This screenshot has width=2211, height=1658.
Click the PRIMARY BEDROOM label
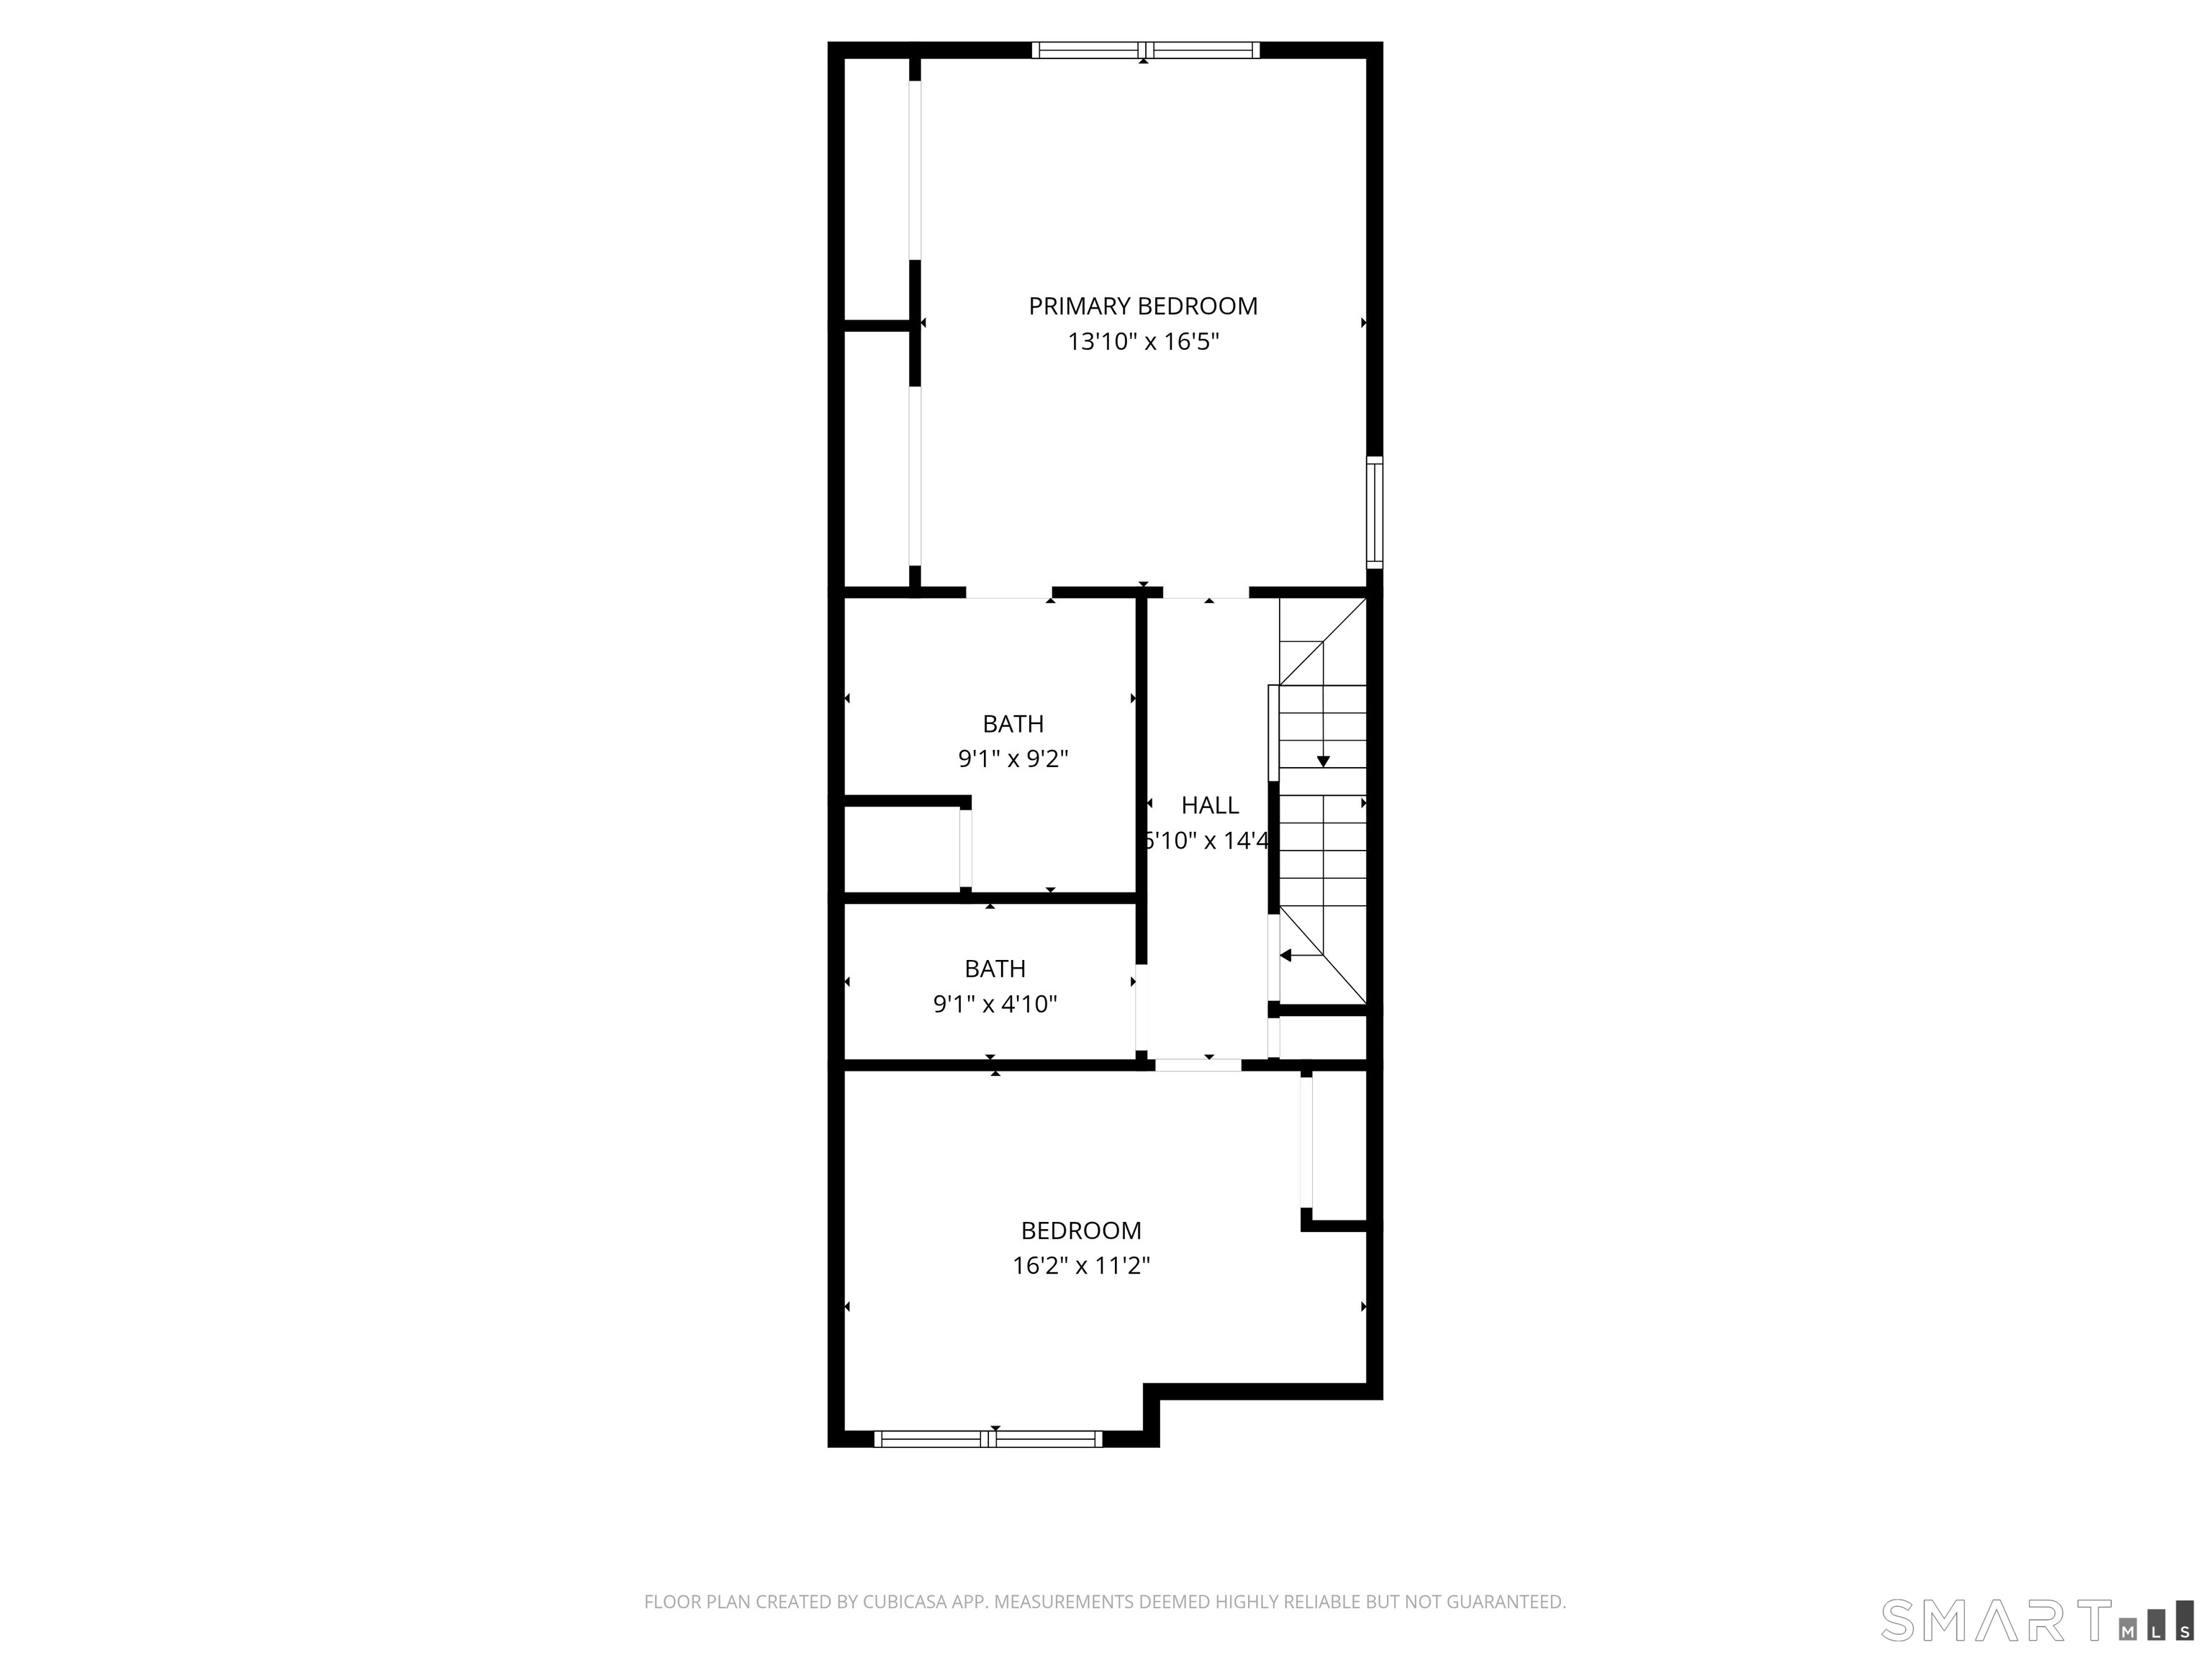(1142, 306)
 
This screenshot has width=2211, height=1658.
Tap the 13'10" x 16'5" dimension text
(1142, 342)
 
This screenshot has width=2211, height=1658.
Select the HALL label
(1209, 805)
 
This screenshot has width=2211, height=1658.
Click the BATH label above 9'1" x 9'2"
(1013, 723)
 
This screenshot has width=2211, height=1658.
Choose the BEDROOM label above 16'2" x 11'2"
(1080, 1231)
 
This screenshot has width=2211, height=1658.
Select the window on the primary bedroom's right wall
(1375, 512)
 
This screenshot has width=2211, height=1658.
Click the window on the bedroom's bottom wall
(987, 1439)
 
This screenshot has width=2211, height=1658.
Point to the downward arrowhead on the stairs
(1322, 761)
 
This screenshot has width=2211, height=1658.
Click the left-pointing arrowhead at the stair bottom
(1286, 956)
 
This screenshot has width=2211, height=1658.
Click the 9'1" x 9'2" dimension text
(1013, 759)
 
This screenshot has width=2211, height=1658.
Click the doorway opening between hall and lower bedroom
(1198, 1065)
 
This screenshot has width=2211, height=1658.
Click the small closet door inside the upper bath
(966, 848)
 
